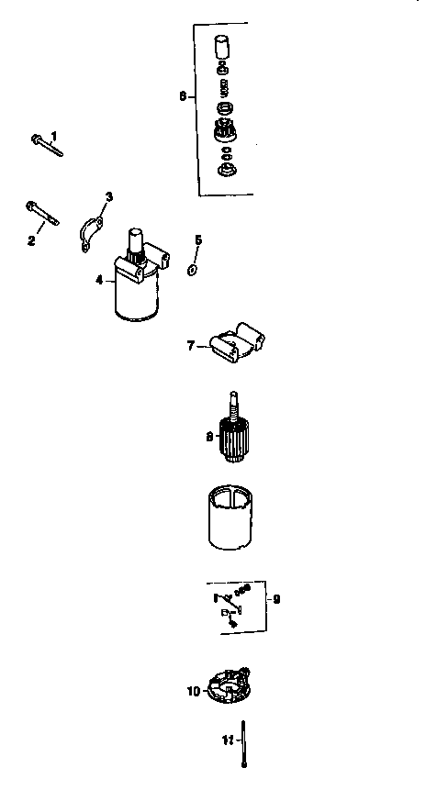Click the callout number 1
(54, 136)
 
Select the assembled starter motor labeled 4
(139, 280)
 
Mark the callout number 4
(99, 279)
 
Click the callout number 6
(182, 95)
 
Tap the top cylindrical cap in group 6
(221, 46)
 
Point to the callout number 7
(191, 346)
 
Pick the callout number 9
(276, 599)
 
